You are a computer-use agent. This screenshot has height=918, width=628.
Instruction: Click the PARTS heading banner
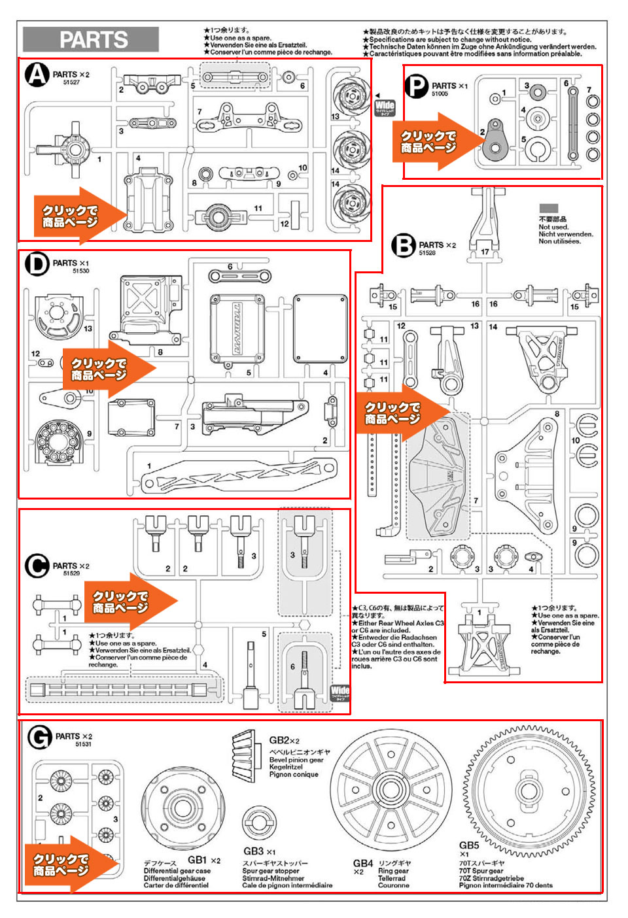(x=91, y=39)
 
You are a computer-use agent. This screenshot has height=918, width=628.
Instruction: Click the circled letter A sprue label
(x=37, y=75)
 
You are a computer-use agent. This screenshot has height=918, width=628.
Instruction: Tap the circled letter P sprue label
(x=416, y=86)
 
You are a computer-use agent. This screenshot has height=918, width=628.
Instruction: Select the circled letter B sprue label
(x=404, y=246)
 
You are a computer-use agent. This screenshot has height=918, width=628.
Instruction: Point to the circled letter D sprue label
(x=37, y=264)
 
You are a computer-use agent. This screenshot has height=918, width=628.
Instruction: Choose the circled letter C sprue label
(x=37, y=566)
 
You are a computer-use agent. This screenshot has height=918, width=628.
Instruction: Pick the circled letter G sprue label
(x=39, y=738)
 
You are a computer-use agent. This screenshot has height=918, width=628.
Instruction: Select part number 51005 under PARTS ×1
(x=440, y=94)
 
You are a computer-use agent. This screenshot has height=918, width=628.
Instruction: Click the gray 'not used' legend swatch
(x=548, y=209)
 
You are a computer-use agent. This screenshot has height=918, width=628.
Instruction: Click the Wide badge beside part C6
(x=340, y=692)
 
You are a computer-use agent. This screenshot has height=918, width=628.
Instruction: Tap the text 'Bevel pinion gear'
(x=296, y=760)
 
